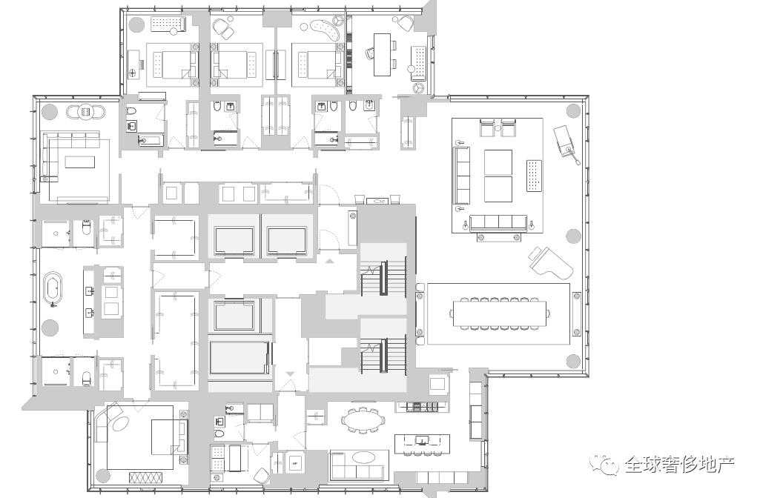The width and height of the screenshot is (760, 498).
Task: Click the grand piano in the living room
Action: tap(551, 264)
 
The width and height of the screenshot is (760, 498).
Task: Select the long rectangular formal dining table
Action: tap(500, 314)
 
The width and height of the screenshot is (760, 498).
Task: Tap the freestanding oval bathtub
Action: tap(53, 290)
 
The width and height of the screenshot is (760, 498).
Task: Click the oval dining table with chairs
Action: tap(362, 419)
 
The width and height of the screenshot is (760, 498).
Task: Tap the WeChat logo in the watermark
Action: tap(604, 465)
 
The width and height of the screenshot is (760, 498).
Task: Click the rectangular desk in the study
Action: tap(382, 54)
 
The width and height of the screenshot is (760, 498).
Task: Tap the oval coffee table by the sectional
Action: tap(363, 456)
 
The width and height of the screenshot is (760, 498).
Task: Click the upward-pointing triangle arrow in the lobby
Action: tap(330, 261)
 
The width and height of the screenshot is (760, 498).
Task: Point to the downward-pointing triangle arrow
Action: tap(290, 373)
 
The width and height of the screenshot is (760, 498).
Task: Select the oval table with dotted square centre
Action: tap(85, 112)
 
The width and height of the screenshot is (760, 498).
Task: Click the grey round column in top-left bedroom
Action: tap(136, 23)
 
